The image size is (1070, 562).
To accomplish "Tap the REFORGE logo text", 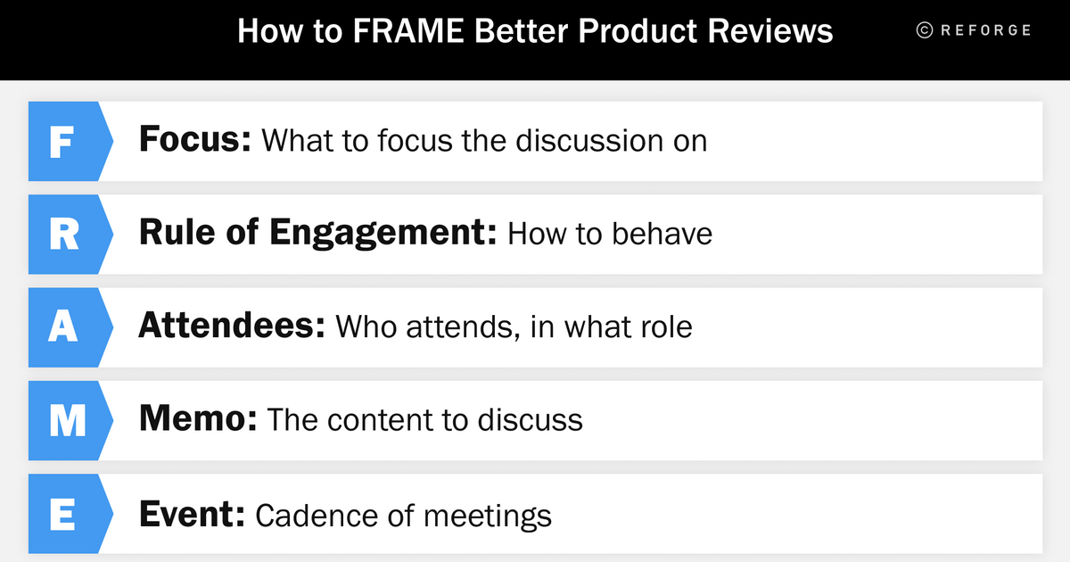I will tap(985, 30).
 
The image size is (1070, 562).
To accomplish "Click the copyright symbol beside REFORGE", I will tap(925, 30).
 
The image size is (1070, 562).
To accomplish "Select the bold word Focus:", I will tap(195, 141).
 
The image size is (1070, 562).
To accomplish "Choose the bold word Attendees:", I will tap(231, 327).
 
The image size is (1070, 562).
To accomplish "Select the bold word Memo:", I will tap(198, 420).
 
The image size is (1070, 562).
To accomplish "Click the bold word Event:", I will tap(192, 515).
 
